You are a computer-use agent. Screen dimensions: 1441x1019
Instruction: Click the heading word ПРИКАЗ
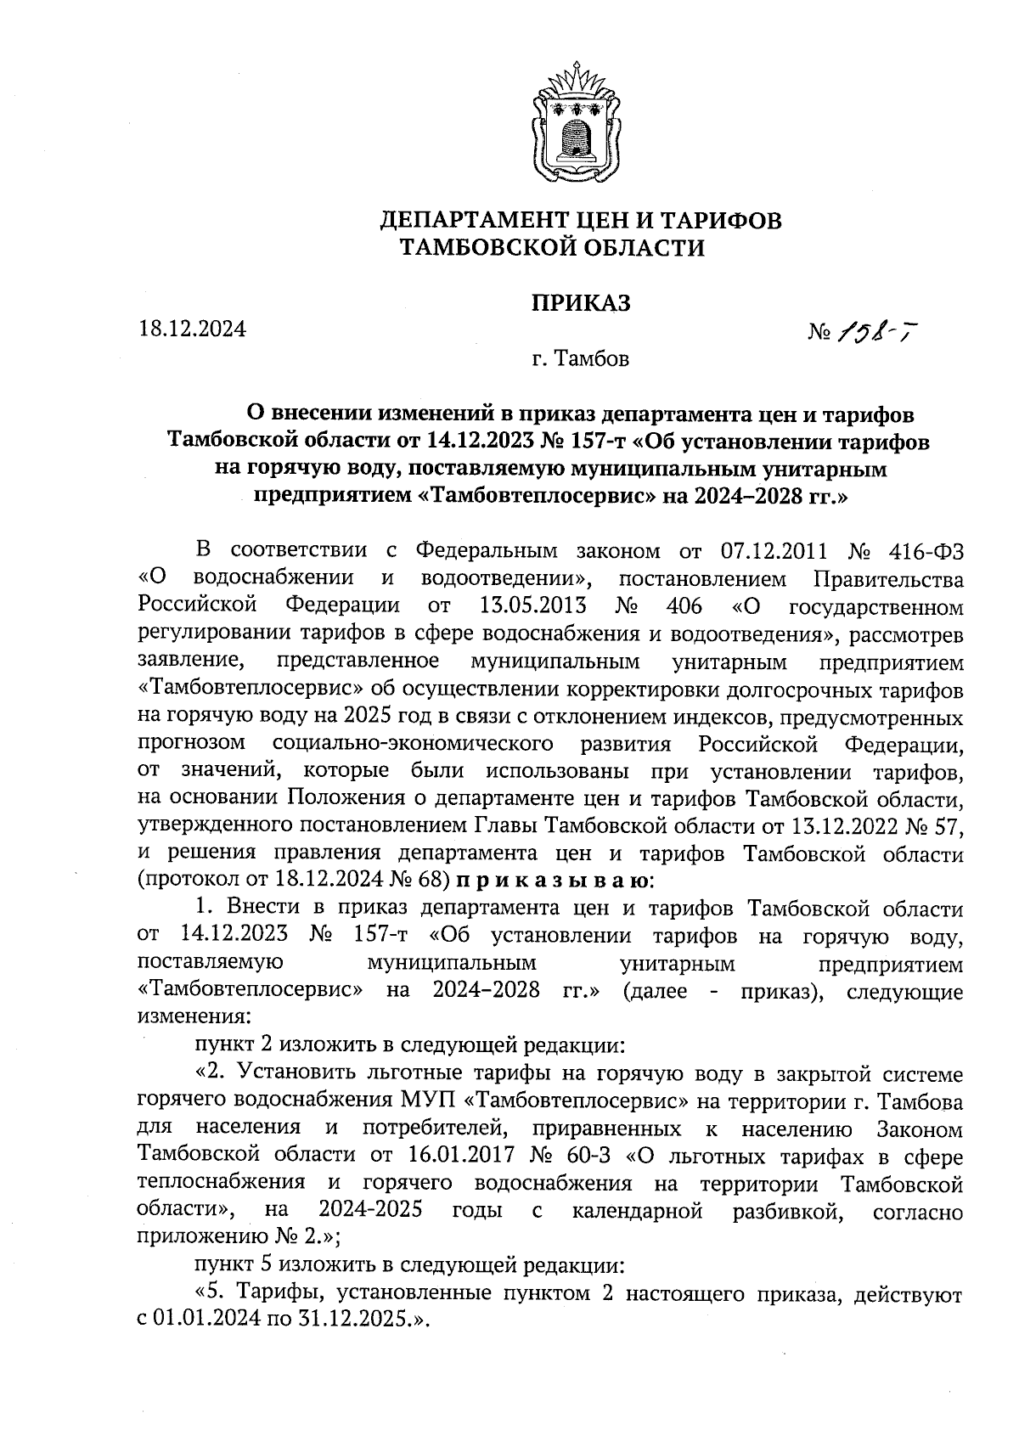[582, 303]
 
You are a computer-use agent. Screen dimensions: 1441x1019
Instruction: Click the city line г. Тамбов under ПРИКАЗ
[581, 359]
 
